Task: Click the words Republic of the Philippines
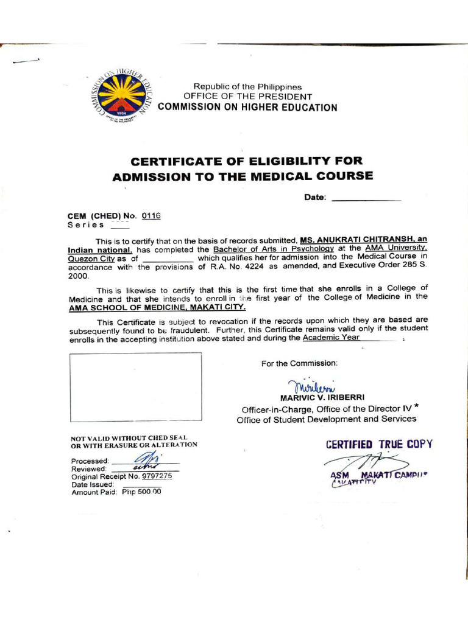(x=247, y=87)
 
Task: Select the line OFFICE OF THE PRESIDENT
(x=247, y=97)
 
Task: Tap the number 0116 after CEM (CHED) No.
(x=151, y=216)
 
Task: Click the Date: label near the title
(x=315, y=197)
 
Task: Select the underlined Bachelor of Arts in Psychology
(x=274, y=249)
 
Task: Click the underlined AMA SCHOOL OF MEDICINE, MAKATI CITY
(x=157, y=307)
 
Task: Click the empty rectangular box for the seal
(x=135, y=387)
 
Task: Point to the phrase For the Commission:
(x=299, y=363)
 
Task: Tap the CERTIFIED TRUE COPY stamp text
(x=379, y=444)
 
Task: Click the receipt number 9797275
(x=157, y=476)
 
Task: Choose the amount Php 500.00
(x=141, y=492)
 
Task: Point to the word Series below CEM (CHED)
(x=86, y=224)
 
